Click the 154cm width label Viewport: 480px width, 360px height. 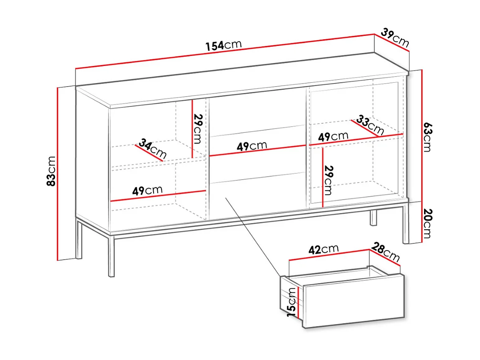point(224,45)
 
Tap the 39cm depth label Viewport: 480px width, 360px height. point(395,38)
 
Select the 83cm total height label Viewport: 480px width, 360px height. point(51,171)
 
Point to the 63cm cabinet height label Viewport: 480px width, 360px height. point(427,137)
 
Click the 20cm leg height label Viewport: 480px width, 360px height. point(427,223)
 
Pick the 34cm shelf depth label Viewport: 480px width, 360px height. point(153,149)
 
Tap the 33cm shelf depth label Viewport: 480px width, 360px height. point(370,125)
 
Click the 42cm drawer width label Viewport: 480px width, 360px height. point(323,249)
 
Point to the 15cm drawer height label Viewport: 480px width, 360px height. point(292,302)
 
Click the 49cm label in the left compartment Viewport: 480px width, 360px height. point(147,190)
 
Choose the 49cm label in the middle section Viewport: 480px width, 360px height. point(252,146)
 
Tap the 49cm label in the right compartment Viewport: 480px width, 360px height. point(333,136)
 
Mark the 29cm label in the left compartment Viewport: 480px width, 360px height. point(198,129)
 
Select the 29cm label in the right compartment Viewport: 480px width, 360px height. point(328,180)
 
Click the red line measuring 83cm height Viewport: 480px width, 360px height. point(57,174)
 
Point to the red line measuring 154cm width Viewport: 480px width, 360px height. point(225,51)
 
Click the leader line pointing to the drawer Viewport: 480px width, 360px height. point(253,237)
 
